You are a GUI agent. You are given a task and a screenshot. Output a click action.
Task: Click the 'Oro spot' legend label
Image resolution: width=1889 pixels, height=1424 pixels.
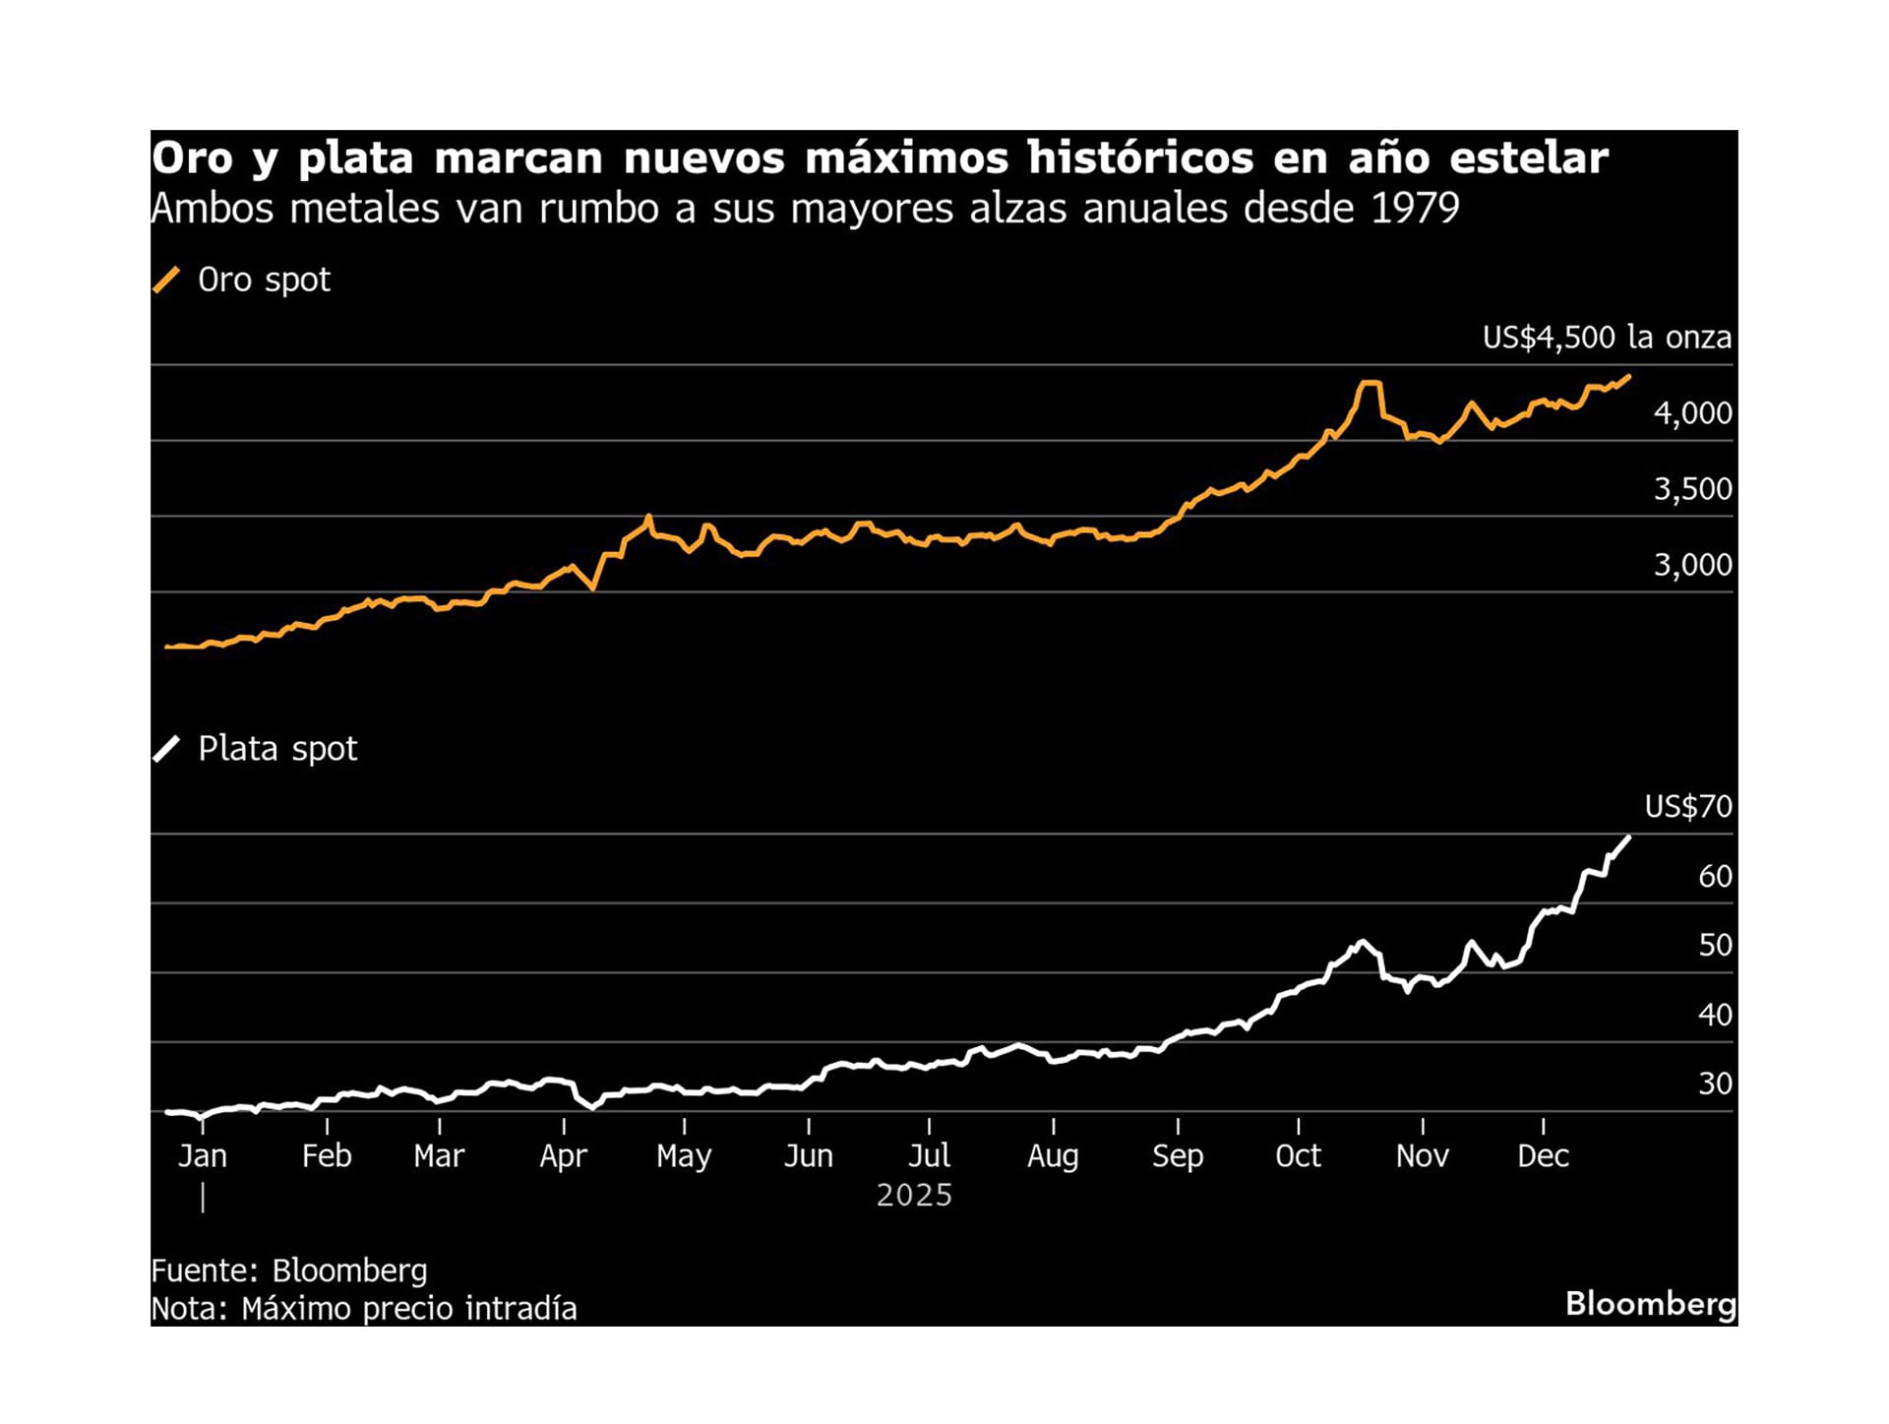[x=264, y=280]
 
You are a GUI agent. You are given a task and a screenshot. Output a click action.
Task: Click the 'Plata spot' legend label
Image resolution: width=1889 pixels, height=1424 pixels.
[x=277, y=749]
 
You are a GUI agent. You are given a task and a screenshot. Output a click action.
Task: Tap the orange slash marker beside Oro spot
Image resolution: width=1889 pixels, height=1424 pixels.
[x=166, y=280]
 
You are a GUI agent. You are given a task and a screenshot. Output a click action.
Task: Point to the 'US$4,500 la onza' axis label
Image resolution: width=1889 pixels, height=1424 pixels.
[x=1606, y=338]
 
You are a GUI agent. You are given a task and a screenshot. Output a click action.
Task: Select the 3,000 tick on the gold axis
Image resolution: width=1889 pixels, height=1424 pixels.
[x=1691, y=565]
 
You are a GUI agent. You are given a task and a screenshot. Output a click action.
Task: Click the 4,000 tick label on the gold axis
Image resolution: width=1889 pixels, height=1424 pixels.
[x=1691, y=413]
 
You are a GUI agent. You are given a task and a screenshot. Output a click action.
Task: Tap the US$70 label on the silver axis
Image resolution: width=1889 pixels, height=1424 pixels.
[x=1687, y=807]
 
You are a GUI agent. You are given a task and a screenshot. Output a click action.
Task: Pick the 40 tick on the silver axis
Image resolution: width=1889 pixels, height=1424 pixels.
[x=1714, y=1015]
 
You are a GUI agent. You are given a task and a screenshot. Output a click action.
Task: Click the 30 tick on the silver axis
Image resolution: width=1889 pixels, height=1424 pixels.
[x=1714, y=1083]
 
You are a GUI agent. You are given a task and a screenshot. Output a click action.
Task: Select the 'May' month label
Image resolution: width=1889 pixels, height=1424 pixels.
[x=683, y=1155]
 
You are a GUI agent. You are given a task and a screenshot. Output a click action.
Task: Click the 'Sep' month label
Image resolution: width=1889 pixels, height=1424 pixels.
[x=1177, y=1155]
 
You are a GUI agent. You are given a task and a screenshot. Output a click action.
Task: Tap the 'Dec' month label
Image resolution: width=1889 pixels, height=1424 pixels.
[x=1542, y=1155]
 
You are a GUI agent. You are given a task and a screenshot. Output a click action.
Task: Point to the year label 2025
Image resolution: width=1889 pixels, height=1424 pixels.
[x=914, y=1195]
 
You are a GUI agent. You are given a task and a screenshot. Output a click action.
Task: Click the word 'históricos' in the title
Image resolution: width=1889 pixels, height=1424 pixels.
[x=1139, y=157]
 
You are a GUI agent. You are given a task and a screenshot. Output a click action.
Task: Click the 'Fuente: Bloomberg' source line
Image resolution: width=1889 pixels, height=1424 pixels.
[x=288, y=1270]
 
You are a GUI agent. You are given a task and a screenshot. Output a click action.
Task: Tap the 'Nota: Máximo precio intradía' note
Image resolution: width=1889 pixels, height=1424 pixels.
[x=363, y=1309]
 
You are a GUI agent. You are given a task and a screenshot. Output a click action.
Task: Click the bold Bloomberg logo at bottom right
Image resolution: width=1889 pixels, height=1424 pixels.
[x=1650, y=1304]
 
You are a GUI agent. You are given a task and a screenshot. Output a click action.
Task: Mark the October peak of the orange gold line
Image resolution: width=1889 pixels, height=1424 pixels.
[x=1370, y=383]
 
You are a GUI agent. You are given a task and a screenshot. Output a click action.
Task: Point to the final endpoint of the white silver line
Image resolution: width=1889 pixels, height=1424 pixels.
[x=1629, y=837]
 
